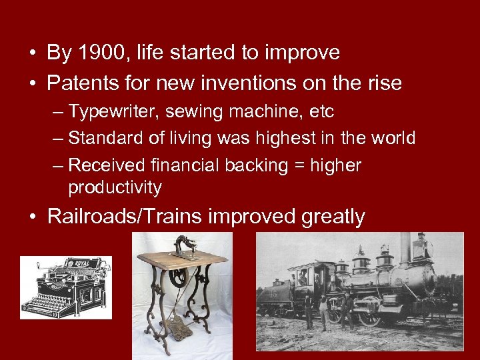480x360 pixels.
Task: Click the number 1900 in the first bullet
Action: pyautogui.click(x=99, y=53)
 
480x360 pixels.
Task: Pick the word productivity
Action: pyautogui.click(x=115, y=188)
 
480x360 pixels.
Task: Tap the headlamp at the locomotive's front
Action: pyautogui.click(x=421, y=249)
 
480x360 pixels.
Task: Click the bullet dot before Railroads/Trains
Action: pyautogui.click(x=33, y=217)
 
